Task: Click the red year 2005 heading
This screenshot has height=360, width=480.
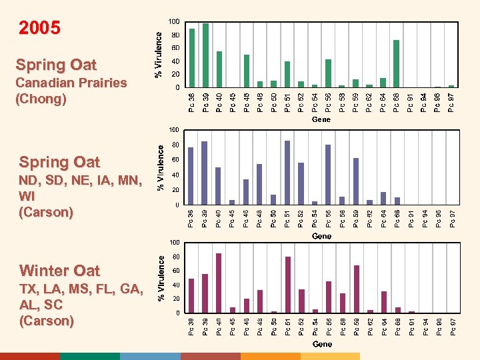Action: click(x=39, y=28)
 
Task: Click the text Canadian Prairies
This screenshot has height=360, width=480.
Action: click(x=71, y=83)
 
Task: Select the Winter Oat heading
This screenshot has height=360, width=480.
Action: click(x=59, y=271)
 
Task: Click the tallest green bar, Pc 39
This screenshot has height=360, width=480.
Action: click(x=205, y=55)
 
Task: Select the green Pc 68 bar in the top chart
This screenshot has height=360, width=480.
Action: click(x=397, y=64)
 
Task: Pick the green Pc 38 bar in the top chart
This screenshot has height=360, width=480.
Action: click(x=192, y=58)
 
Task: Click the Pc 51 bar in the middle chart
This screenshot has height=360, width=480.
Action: click(x=287, y=173)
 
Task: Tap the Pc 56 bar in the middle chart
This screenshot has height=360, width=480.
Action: click(x=328, y=175)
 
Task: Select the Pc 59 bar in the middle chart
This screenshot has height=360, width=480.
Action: click(x=356, y=181)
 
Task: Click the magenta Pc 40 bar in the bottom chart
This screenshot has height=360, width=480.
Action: click(x=219, y=283)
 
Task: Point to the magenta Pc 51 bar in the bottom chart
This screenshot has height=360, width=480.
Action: click(x=287, y=285)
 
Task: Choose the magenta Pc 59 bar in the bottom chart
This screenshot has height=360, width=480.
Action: click(x=357, y=289)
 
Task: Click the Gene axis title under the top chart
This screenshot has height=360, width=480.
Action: click(x=321, y=120)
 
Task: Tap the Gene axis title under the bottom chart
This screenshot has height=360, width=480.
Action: click(x=322, y=344)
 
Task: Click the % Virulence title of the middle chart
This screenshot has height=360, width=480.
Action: click(x=160, y=167)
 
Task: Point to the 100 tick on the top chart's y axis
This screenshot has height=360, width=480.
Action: click(x=173, y=22)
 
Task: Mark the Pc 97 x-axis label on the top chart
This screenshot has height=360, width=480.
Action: click(x=451, y=103)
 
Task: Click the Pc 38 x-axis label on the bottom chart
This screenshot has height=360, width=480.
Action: click(x=191, y=327)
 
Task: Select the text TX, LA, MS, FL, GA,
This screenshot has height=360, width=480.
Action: click(x=80, y=289)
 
